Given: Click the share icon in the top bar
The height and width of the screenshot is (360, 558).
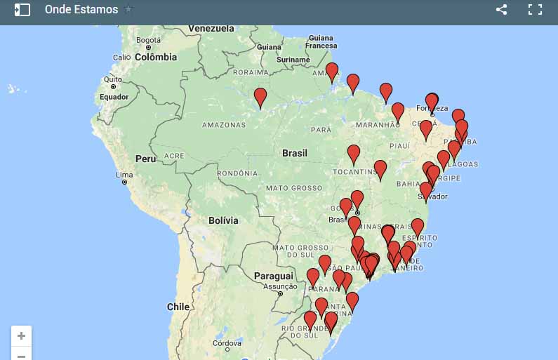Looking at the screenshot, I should point(501,10).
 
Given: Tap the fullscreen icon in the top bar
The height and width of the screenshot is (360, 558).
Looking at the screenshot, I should point(535,10).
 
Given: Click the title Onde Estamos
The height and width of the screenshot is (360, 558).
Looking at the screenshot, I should point(81,10).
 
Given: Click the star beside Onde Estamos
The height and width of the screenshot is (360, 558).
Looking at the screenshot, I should point(128,10).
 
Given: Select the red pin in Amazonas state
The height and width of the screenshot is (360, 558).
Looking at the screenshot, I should point(260,98).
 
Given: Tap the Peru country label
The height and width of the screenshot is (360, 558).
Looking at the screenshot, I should point(145,159).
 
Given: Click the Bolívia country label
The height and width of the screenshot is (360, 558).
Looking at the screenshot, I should point(223,220).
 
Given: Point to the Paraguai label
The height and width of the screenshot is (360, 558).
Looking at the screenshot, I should point(273,276).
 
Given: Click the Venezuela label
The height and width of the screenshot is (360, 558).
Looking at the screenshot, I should point(211,29).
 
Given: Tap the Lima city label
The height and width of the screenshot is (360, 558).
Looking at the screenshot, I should point(124,175).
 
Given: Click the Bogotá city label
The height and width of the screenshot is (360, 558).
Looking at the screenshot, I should point(148,40).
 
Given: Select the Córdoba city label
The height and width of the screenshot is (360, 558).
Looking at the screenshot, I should point(227,344).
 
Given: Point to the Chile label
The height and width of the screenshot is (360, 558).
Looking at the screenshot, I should point(178,307).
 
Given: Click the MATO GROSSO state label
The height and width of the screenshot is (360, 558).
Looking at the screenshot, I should point(293,188).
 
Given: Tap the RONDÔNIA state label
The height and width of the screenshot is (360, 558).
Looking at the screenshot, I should point(238,173).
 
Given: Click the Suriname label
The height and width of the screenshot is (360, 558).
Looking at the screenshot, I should point(293,60).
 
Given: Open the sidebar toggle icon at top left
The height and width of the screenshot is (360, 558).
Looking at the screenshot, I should point(22,10).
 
